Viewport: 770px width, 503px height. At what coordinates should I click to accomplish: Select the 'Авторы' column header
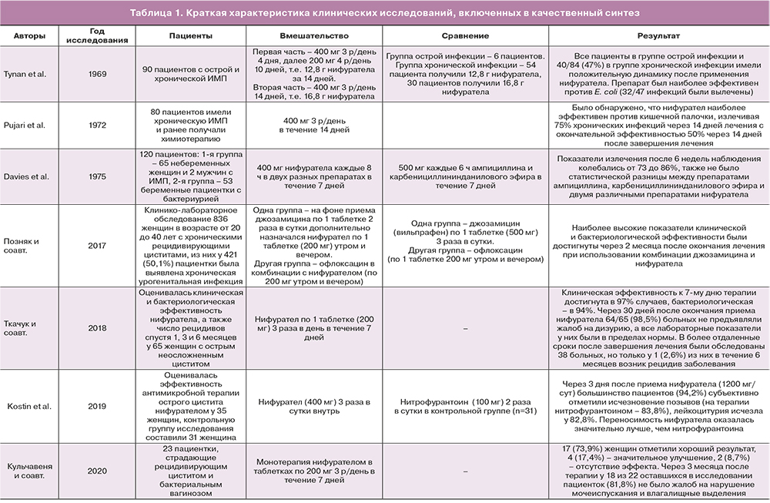point(28,36)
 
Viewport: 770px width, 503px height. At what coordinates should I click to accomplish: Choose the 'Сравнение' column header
point(466,36)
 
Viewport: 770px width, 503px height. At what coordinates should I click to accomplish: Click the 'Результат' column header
point(658,36)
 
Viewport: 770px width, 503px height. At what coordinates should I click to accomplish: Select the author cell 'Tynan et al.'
point(28,74)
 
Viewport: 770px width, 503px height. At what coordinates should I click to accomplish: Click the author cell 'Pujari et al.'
point(28,123)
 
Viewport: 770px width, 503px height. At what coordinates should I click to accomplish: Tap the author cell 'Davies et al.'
point(28,175)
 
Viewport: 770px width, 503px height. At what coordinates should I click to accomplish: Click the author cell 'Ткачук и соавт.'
point(28,327)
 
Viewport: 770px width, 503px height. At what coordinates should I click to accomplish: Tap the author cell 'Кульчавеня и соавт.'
point(28,471)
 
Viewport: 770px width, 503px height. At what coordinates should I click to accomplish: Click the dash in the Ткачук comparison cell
point(466,327)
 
